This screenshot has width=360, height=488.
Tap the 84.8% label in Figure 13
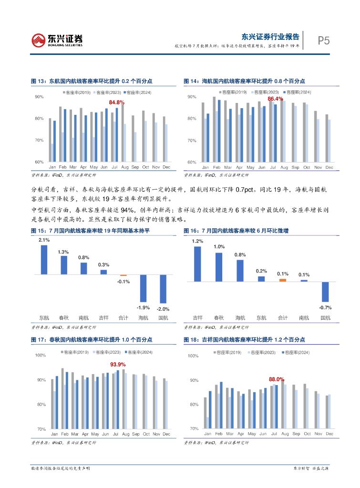tap(116, 102)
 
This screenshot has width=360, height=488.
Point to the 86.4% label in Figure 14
tap(275, 99)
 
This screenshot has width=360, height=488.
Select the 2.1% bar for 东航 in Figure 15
tap(44, 260)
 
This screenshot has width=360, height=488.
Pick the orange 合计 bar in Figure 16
tap(283, 280)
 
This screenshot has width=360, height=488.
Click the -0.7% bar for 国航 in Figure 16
tap(325, 292)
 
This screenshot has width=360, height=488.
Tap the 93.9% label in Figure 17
tap(118, 365)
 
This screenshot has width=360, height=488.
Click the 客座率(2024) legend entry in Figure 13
tap(137, 92)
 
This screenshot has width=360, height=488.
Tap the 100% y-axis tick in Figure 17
tap(40, 356)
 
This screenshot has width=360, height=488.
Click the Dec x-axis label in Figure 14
tap(329, 168)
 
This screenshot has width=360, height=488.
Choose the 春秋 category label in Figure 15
tap(64, 317)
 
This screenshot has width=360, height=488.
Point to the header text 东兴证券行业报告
tap(270, 36)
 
